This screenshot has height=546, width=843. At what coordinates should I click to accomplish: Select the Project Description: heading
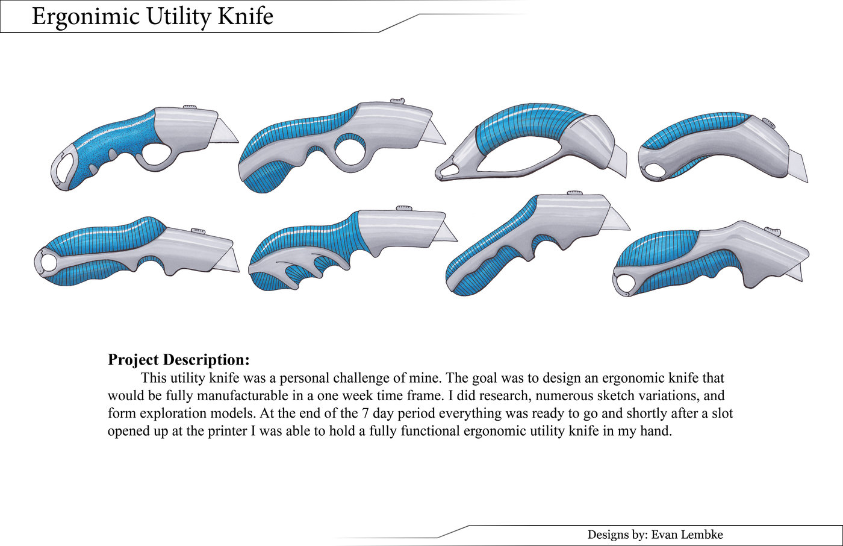[x=178, y=360]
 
